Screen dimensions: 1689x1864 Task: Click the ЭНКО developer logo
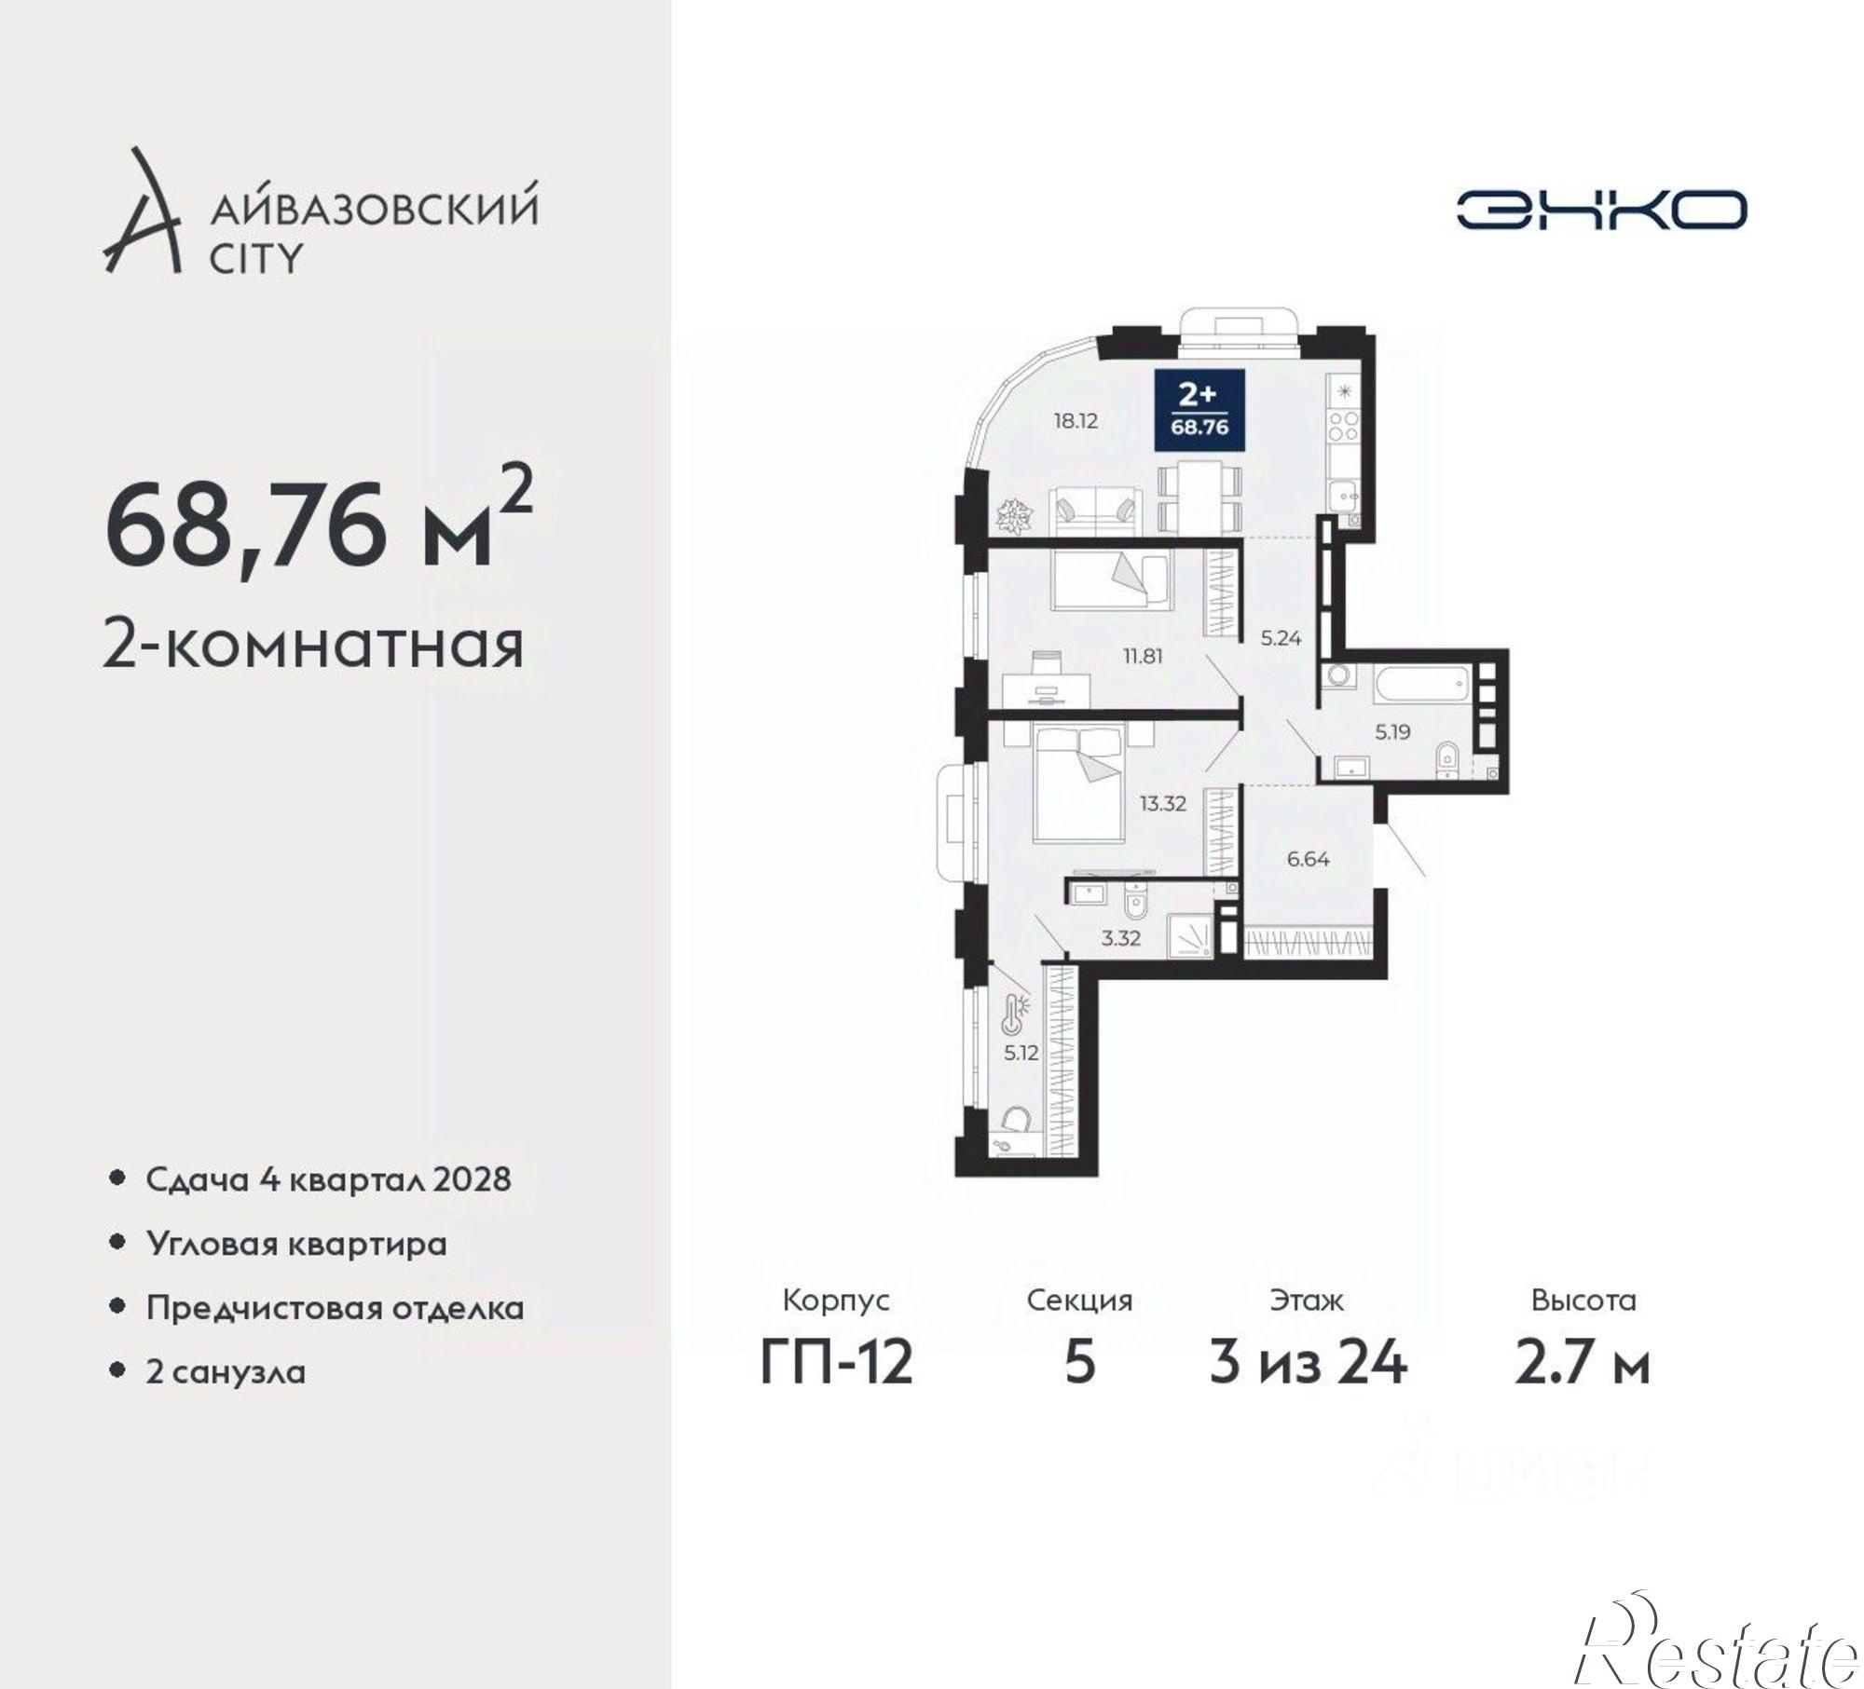[1600, 211]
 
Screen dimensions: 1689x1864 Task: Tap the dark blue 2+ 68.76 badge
[1198, 410]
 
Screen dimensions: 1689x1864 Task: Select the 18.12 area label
[1076, 421]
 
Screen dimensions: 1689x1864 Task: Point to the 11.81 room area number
[1142, 656]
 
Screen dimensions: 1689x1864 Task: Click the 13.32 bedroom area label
[1162, 804]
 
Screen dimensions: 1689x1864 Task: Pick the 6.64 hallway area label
[1308, 859]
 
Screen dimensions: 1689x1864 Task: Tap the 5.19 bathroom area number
[1392, 732]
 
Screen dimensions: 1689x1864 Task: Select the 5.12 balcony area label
[1021, 1053]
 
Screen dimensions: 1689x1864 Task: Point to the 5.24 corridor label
[1281, 638]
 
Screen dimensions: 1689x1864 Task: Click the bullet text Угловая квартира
[296, 1244]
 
